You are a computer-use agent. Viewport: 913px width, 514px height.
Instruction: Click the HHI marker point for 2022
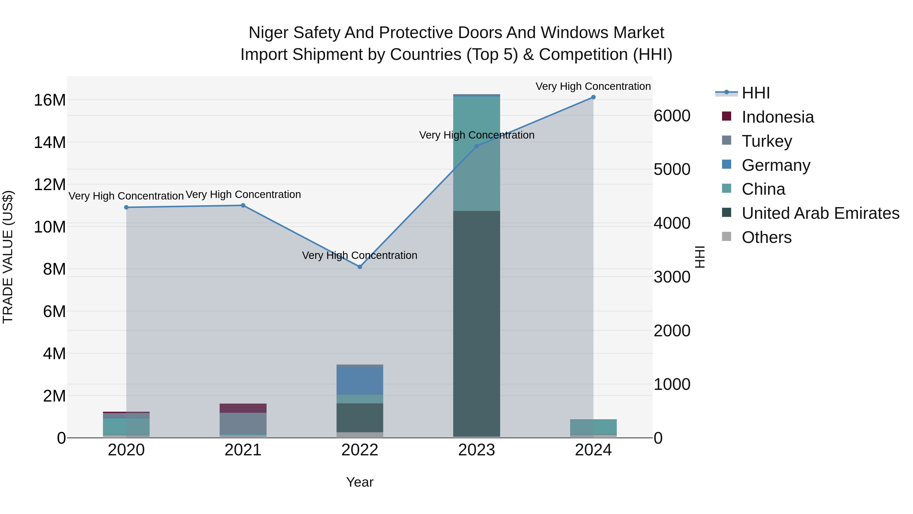[x=360, y=267]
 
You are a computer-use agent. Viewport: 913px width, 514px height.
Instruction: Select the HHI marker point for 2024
[x=593, y=97]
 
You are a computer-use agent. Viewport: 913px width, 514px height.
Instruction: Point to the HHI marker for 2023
[x=477, y=146]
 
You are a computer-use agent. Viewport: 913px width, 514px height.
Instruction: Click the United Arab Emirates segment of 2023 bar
[x=477, y=323]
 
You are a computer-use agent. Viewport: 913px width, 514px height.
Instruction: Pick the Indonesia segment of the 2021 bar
[x=243, y=408]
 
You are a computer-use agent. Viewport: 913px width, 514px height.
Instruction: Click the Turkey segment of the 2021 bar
[x=243, y=423]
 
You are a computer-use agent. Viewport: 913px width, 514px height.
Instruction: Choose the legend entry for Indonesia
[x=778, y=117]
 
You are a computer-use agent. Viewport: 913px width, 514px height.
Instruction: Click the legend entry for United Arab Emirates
[x=820, y=213]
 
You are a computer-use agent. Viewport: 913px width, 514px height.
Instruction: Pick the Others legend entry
[x=766, y=237]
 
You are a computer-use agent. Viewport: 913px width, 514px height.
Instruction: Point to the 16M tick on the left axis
[x=50, y=100]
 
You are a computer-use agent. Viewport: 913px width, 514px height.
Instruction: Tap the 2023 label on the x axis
[x=477, y=450]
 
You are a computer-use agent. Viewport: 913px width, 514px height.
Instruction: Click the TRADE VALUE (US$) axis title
[x=8, y=257]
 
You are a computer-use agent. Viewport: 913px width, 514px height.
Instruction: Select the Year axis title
[x=360, y=482]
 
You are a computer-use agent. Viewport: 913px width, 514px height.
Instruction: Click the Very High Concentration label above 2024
[x=593, y=86]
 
